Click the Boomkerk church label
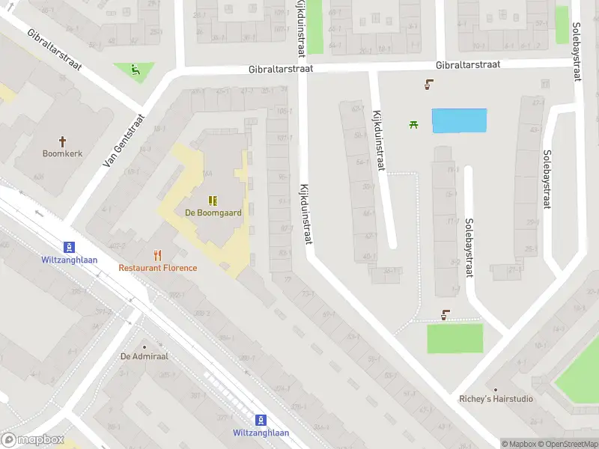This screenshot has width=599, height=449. pyautogui.click(x=63, y=153)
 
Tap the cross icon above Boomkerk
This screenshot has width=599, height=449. pyautogui.click(x=63, y=140)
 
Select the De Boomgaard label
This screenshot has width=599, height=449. pyautogui.click(x=213, y=213)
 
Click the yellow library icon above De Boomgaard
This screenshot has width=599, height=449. pyautogui.click(x=213, y=200)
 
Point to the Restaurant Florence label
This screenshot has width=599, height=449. pyautogui.click(x=158, y=268)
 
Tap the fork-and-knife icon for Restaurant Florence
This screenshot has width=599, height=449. pyautogui.click(x=157, y=255)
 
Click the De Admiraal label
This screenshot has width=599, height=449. pyautogui.click(x=145, y=356)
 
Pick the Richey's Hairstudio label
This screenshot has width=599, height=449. pyautogui.click(x=496, y=399)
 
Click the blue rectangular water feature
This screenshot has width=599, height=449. pyautogui.click(x=460, y=121)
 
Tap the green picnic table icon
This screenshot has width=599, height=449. pyautogui.click(x=413, y=124)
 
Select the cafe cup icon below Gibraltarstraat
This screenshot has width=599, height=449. pyautogui.click(x=428, y=85)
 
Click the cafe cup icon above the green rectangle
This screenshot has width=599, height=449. pyautogui.click(x=446, y=315)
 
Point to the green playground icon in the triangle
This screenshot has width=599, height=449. pyautogui.click(x=136, y=71)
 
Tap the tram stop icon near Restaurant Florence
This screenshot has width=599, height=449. pyautogui.click(x=69, y=247)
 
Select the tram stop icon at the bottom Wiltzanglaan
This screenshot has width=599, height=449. pyautogui.click(x=261, y=421)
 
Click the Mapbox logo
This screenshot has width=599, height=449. pyautogui.click(x=33, y=440)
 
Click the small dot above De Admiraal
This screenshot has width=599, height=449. pyautogui.click(x=145, y=346)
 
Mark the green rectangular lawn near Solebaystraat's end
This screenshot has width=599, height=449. pyautogui.click(x=455, y=338)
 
